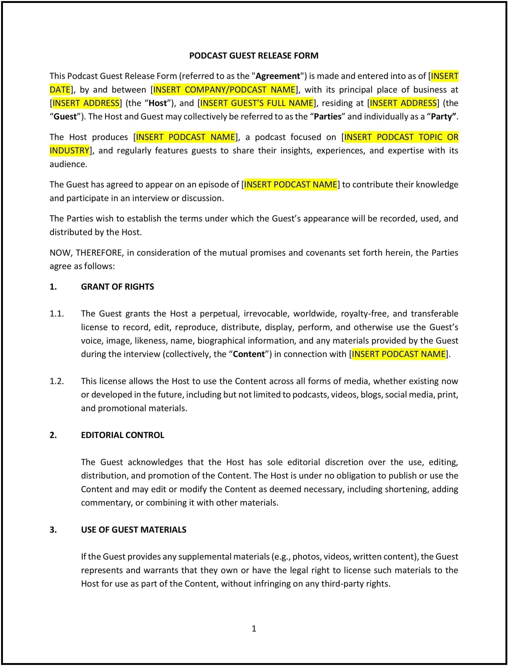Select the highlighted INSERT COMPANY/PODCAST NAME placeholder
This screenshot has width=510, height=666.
224,90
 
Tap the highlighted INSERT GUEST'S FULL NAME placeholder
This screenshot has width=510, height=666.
256,103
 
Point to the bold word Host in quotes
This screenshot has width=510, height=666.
158,103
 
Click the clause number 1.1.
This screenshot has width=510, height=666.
57,313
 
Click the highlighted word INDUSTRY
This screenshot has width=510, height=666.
70,151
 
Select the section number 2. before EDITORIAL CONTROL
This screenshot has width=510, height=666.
53,435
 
